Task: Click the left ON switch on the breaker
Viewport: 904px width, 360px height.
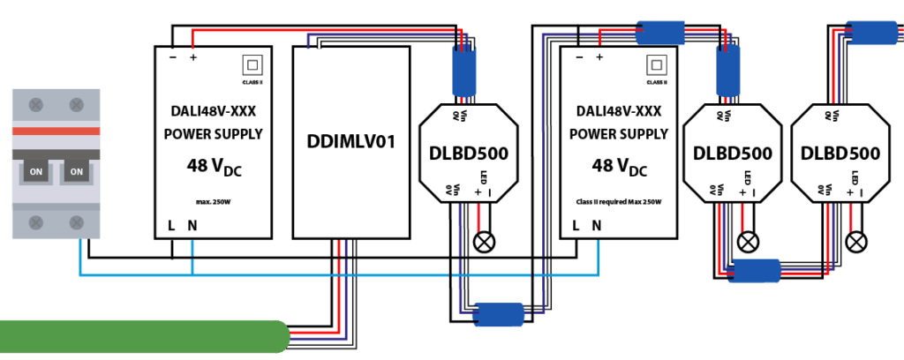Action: (x=36, y=171)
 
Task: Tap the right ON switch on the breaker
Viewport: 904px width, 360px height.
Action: (x=77, y=171)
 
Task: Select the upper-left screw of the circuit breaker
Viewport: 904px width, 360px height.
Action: (x=36, y=105)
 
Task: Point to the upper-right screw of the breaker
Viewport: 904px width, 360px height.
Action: (x=77, y=105)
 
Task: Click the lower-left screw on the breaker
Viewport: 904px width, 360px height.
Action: (x=36, y=222)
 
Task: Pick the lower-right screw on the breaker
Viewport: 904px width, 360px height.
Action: (x=77, y=222)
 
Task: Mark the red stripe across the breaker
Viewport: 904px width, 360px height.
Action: (x=56, y=131)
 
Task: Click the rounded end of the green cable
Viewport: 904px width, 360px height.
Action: (x=282, y=336)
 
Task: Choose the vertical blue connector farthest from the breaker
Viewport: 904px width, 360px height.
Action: (x=728, y=71)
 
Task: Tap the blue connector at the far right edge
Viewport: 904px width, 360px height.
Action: (x=873, y=34)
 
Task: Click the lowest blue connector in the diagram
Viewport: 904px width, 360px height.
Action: (x=500, y=315)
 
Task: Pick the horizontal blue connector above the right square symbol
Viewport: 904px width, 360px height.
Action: (x=660, y=34)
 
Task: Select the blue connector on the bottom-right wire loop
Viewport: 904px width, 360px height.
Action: (x=757, y=271)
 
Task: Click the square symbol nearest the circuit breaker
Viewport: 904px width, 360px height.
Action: (x=252, y=64)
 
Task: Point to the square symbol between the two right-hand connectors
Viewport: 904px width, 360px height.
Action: (x=657, y=64)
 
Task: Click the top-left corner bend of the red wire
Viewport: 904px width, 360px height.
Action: (x=192, y=31)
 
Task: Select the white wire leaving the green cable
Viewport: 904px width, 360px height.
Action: (x=322, y=346)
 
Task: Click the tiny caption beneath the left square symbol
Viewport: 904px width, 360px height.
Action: (x=252, y=82)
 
